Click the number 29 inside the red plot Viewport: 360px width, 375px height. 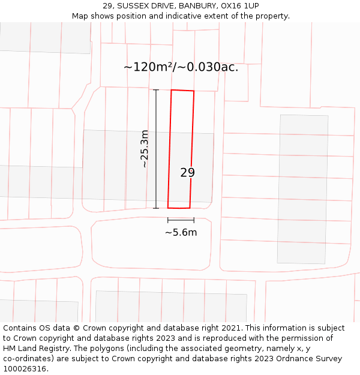188,173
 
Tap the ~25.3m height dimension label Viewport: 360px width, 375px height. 144,149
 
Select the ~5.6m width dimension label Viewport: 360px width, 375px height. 181,232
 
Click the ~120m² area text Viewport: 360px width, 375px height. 147,67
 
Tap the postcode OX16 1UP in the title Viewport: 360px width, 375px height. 240,6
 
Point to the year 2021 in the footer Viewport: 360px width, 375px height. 231,328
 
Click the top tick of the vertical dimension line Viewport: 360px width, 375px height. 156,90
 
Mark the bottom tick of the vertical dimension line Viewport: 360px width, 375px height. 156,208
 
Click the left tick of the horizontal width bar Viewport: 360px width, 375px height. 168,220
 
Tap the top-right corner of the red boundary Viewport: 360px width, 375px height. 194,91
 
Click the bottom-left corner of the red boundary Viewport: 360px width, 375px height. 168,208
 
